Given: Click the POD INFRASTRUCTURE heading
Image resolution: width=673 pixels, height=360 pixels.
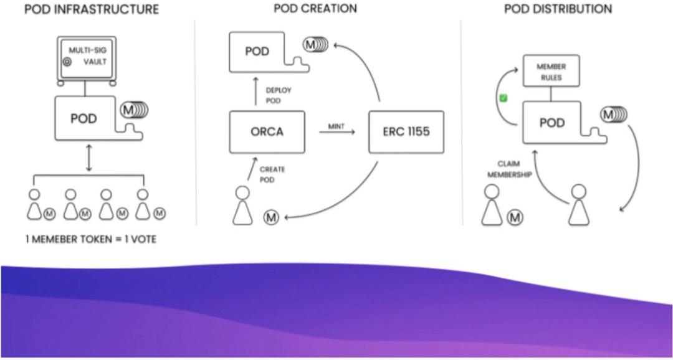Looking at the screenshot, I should [91, 9].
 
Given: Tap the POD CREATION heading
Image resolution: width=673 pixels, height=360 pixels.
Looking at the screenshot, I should [315, 8].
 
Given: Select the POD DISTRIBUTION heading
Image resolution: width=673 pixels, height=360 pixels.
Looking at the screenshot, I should [558, 9].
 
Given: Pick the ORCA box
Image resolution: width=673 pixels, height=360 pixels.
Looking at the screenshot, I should [267, 132].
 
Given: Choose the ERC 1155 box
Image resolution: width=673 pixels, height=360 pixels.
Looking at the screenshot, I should [406, 132].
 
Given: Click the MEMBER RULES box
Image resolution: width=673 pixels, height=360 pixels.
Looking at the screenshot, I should [551, 72].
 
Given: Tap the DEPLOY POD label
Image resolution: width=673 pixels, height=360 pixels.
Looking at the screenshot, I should [278, 95].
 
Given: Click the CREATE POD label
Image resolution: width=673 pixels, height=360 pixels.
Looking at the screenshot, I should [272, 174].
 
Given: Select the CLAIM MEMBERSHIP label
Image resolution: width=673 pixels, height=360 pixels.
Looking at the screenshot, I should [509, 170].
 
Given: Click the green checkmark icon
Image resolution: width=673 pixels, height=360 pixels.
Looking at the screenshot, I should [504, 98].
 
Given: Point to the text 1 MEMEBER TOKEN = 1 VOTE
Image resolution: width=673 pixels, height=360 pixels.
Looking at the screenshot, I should [90, 239].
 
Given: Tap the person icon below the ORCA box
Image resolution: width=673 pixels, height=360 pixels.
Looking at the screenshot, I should [242, 206].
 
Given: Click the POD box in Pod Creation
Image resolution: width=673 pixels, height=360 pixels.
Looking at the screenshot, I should [257, 51].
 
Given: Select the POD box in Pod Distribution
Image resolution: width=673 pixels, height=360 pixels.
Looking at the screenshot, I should [551, 123].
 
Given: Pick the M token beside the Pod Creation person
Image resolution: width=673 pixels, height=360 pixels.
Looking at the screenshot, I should [271, 217].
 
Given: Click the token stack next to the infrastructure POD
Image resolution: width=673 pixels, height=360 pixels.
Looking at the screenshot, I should [134, 110].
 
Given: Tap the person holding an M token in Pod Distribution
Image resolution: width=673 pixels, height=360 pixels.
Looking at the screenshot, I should [492, 206].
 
